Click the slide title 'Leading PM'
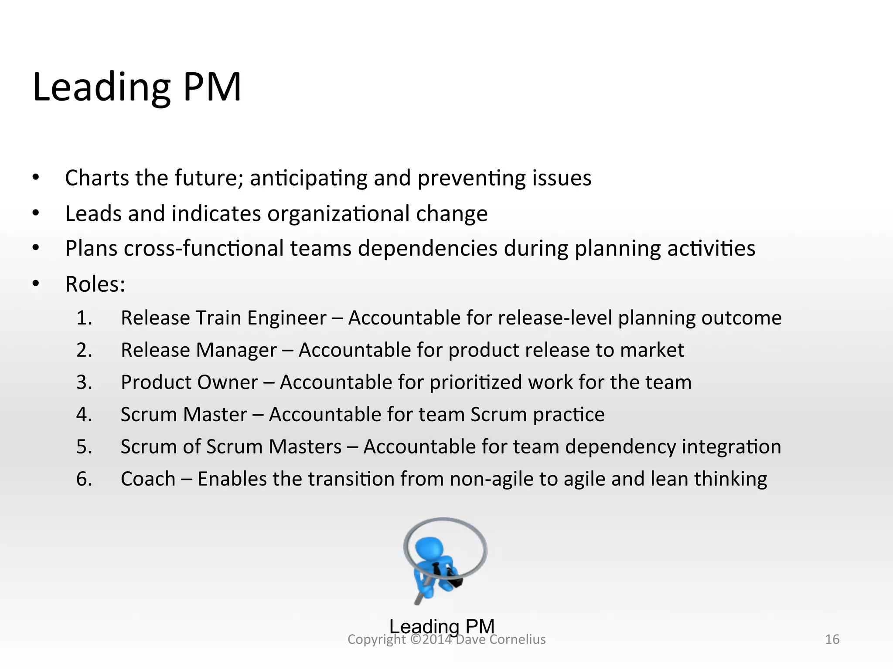point(137,87)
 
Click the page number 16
point(832,639)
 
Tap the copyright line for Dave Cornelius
point(446,639)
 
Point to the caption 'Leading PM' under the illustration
point(442,626)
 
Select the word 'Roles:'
point(95,284)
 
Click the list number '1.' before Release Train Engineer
point(84,318)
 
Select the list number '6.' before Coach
point(84,479)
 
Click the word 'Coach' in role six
point(148,479)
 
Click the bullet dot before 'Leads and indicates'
point(36,213)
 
